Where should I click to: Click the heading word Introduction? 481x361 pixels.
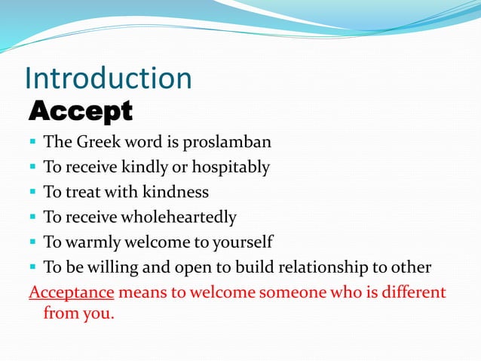click(109, 79)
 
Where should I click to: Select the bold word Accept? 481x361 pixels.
click(80, 112)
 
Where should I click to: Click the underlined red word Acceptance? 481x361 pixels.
click(71, 292)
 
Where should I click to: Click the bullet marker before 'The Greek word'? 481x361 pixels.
click(33, 142)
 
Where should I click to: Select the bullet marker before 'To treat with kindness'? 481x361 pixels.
click(33, 193)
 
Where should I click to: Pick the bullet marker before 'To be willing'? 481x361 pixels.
click(33, 267)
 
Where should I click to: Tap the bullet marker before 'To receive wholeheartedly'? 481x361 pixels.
click(33, 218)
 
